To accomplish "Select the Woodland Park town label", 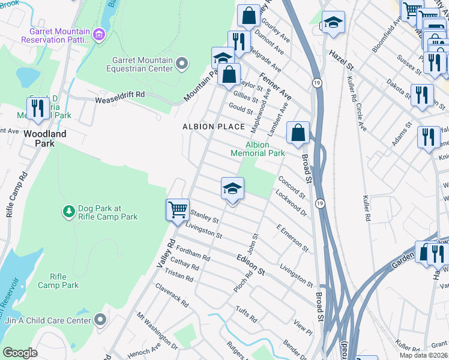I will [x=44, y=139].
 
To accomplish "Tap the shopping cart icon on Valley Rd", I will [x=177, y=210].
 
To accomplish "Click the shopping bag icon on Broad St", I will [x=297, y=133].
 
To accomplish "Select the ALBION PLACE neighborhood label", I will [x=214, y=127].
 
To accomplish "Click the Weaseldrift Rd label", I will [x=120, y=95].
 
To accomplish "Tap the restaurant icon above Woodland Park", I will [x=37, y=108].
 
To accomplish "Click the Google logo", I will [x=20, y=353].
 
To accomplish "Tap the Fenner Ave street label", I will [x=276, y=87].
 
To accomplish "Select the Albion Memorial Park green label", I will [x=258, y=149].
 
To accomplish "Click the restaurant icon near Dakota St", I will [x=422, y=95].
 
